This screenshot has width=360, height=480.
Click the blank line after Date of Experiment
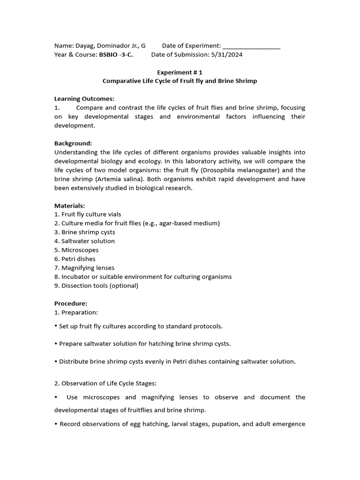[x=252, y=46]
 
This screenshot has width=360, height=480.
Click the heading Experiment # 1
[x=180, y=72]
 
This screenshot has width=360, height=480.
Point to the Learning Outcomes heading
[x=84, y=99]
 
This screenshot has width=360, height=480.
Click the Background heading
[x=73, y=143]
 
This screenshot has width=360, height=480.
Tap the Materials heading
[x=70, y=205]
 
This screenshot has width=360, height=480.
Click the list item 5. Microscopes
[x=76, y=250]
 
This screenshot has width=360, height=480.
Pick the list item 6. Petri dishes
[x=75, y=259]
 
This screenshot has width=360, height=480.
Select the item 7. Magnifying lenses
[x=84, y=268]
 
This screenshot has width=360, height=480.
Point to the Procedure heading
[x=71, y=303]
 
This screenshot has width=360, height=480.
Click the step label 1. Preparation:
[x=76, y=312]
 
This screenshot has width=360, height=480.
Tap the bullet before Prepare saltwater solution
[x=56, y=344]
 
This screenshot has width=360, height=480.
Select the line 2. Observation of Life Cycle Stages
[x=105, y=383]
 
